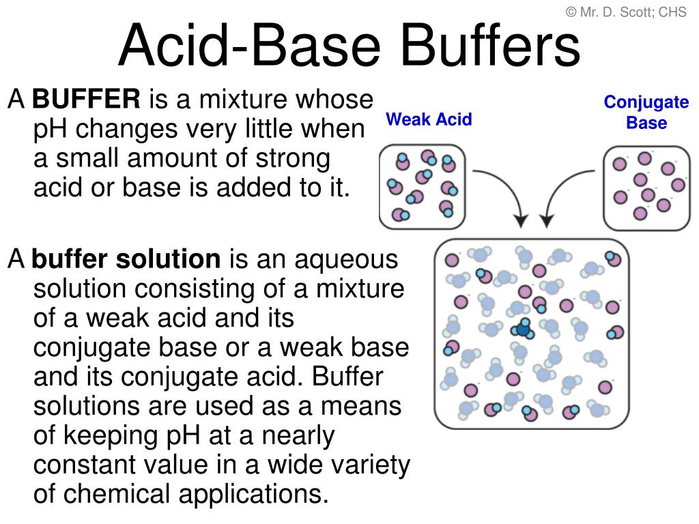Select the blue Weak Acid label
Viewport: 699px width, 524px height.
[429, 119]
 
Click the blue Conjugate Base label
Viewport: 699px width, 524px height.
[646, 112]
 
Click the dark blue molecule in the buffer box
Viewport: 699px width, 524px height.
[523, 329]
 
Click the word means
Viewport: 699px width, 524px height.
[361, 407]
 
